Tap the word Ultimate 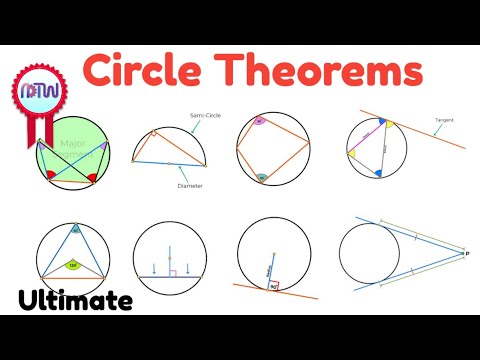75,300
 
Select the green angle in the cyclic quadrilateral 263,178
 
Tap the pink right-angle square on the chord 171,270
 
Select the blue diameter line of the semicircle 180,164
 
